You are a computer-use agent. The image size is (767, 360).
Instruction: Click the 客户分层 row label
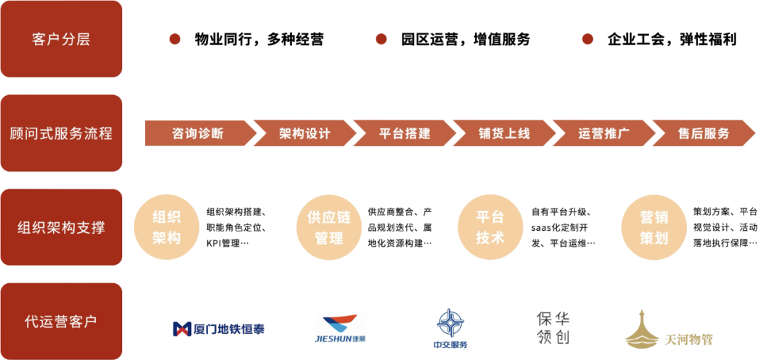(x=61, y=39)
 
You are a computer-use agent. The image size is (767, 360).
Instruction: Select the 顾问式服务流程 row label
(x=61, y=133)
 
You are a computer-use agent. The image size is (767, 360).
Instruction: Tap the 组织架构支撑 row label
(x=61, y=228)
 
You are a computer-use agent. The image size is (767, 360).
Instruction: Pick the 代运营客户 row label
(x=61, y=322)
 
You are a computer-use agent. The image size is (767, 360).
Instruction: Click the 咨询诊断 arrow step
(x=197, y=133)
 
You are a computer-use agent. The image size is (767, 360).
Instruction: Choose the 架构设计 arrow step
(x=304, y=133)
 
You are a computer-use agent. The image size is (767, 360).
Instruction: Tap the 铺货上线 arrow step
(x=504, y=133)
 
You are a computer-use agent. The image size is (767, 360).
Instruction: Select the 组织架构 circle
(x=166, y=227)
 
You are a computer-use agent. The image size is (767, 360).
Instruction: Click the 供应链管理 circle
(x=329, y=227)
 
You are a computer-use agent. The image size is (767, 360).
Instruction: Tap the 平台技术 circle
(x=490, y=227)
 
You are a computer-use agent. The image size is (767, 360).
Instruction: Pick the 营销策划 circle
(x=653, y=227)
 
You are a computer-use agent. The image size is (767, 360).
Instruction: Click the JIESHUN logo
(x=339, y=329)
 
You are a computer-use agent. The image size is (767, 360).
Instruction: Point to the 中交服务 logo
(x=451, y=328)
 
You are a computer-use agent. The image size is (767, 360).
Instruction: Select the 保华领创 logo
(x=553, y=328)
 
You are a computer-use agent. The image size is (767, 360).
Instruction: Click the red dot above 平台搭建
(x=381, y=39)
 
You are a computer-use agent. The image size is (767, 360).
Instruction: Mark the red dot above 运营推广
(x=587, y=39)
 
